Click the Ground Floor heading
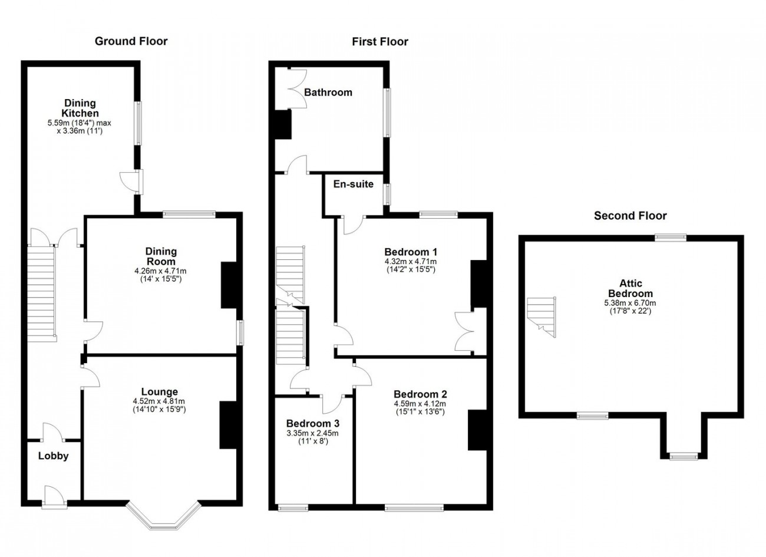point(131,41)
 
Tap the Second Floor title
point(630,216)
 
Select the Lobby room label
point(54,456)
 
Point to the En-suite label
point(354,184)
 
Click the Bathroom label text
point(328,93)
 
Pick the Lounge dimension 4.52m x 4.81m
point(159,401)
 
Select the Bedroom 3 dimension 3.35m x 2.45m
point(312,433)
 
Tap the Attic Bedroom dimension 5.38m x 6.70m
point(630,303)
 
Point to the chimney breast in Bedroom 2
point(477,430)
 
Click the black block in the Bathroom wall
point(283,124)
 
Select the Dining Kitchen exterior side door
point(131,182)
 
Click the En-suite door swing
point(354,225)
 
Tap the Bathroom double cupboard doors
point(297,89)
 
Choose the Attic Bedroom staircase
point(542,317)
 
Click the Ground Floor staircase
point(41,294)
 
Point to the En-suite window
point(387,195)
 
